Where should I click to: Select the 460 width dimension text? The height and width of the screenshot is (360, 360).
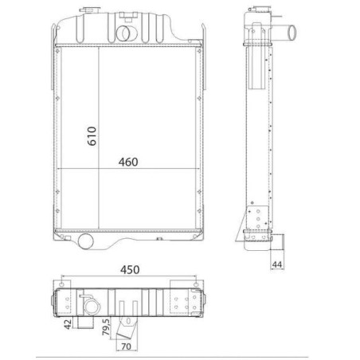128,162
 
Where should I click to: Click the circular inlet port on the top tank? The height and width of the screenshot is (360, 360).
126,33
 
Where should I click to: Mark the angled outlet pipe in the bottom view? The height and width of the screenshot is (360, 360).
126,327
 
